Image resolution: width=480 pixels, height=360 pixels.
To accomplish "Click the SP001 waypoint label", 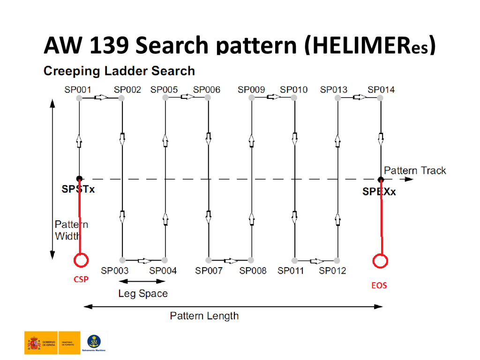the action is tap(77, 90).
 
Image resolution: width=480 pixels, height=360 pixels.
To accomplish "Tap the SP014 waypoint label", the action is tap(381, 90).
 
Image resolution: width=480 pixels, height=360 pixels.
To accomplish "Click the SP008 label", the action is tap(253, 270).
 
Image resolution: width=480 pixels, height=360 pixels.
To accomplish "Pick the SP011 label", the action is tap(291, 270).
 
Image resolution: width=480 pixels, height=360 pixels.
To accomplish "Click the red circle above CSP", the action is tap(81, 260).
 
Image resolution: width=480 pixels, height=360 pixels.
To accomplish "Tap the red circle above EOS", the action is tap(380, 261).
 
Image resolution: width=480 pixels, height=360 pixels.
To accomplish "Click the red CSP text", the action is tap(81, 279).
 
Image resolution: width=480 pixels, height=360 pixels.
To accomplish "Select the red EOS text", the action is tap(379, 285).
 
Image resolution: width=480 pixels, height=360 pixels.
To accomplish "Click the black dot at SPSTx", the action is tap(79, 179).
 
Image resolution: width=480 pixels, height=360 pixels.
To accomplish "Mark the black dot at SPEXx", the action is tap(381, 179).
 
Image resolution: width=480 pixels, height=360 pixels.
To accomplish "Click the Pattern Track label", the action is tap(415, 171).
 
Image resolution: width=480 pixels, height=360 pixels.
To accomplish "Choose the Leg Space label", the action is tap(142, 294).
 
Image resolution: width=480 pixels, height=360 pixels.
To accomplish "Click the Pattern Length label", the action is tap(204, 316).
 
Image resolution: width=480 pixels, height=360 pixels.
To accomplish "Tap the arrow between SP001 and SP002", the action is tap(101, 97).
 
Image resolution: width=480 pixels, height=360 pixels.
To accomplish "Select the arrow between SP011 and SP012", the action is tap(316, 261).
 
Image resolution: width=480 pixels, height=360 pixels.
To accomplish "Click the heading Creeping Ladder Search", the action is tap(119, 71).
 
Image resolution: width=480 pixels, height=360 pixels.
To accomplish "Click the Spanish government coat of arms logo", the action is tap(34, 344).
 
